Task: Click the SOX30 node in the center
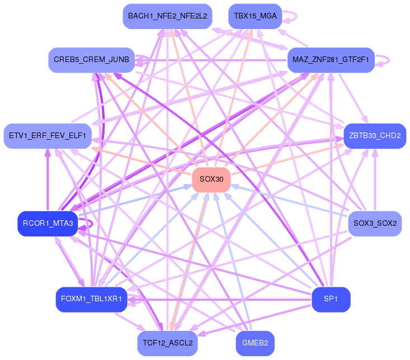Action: [211, 179]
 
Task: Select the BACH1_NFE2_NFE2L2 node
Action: [167, 16]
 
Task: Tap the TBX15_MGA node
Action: [255, 16]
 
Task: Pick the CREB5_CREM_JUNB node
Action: [91, 60]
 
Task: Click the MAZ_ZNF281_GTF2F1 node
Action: [331, 60]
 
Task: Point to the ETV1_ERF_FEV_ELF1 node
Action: [48, 136]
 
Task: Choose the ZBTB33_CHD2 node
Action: [374, 136]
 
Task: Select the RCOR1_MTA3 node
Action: [48, 224]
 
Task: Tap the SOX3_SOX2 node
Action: [374, 224]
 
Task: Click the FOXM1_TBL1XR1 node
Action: [91, 299]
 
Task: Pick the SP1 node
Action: [331, 299]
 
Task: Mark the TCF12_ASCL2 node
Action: [167, 343]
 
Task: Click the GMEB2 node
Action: [255, 343]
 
